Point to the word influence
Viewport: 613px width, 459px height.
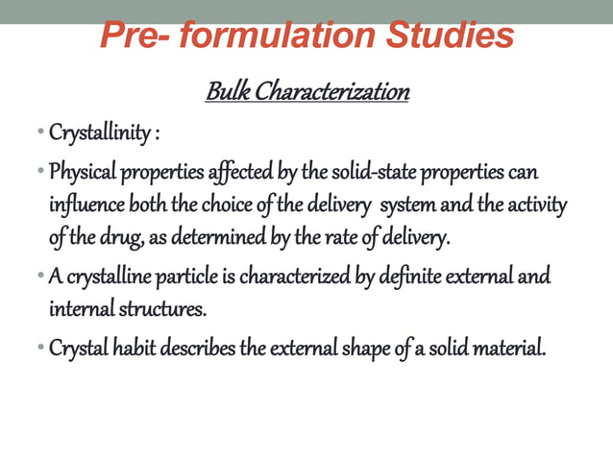pos(83,205)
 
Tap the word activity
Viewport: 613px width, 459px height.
pos(535,205)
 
